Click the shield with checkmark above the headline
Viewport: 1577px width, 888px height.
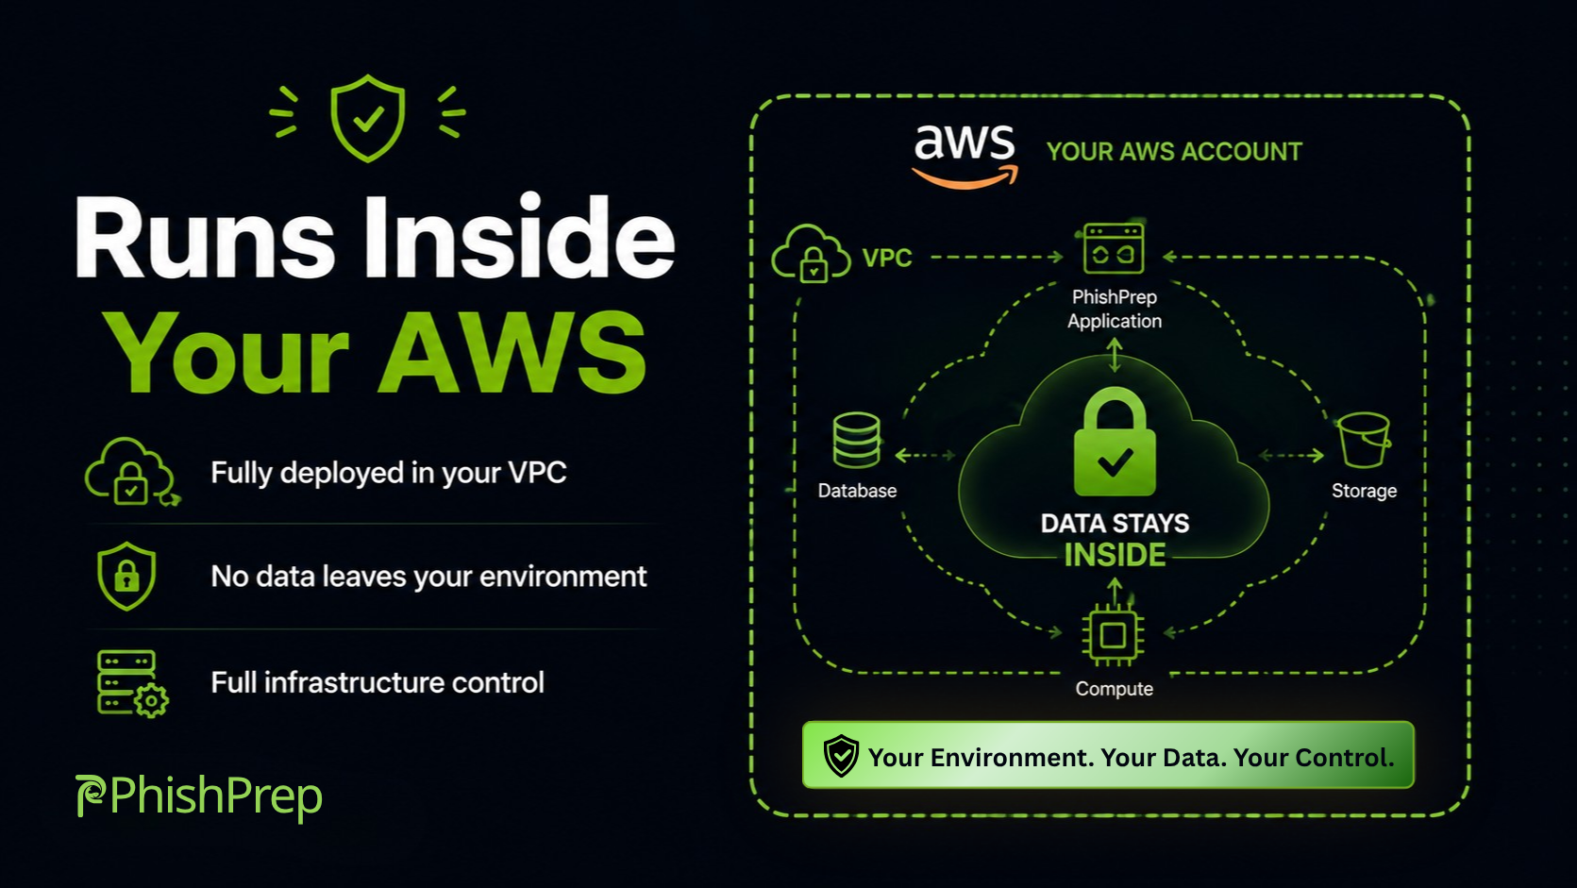(367, 118)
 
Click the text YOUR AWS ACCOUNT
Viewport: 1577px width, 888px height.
(1174, 151)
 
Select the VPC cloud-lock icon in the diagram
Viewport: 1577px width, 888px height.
(811, 254)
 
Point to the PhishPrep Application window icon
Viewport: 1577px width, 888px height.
(1114, 248)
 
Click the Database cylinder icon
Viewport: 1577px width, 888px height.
(856, 440)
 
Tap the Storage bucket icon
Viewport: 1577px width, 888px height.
(1364, 440)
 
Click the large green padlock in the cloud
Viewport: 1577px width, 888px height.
(1115, 443)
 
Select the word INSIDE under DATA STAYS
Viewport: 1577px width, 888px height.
(1116, 555)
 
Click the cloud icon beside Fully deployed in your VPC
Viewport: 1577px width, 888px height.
(131, 471)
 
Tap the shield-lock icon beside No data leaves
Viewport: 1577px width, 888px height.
(126, 576)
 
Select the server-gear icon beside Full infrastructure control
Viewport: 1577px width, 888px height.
(132, 683)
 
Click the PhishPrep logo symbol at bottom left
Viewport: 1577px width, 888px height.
(90, 796)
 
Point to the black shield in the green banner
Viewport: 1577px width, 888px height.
(841, 756)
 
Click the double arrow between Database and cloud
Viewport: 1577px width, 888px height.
(925, 456)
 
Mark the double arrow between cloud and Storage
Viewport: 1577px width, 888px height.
(1291, 456)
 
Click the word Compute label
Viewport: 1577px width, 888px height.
(1114, 689)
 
